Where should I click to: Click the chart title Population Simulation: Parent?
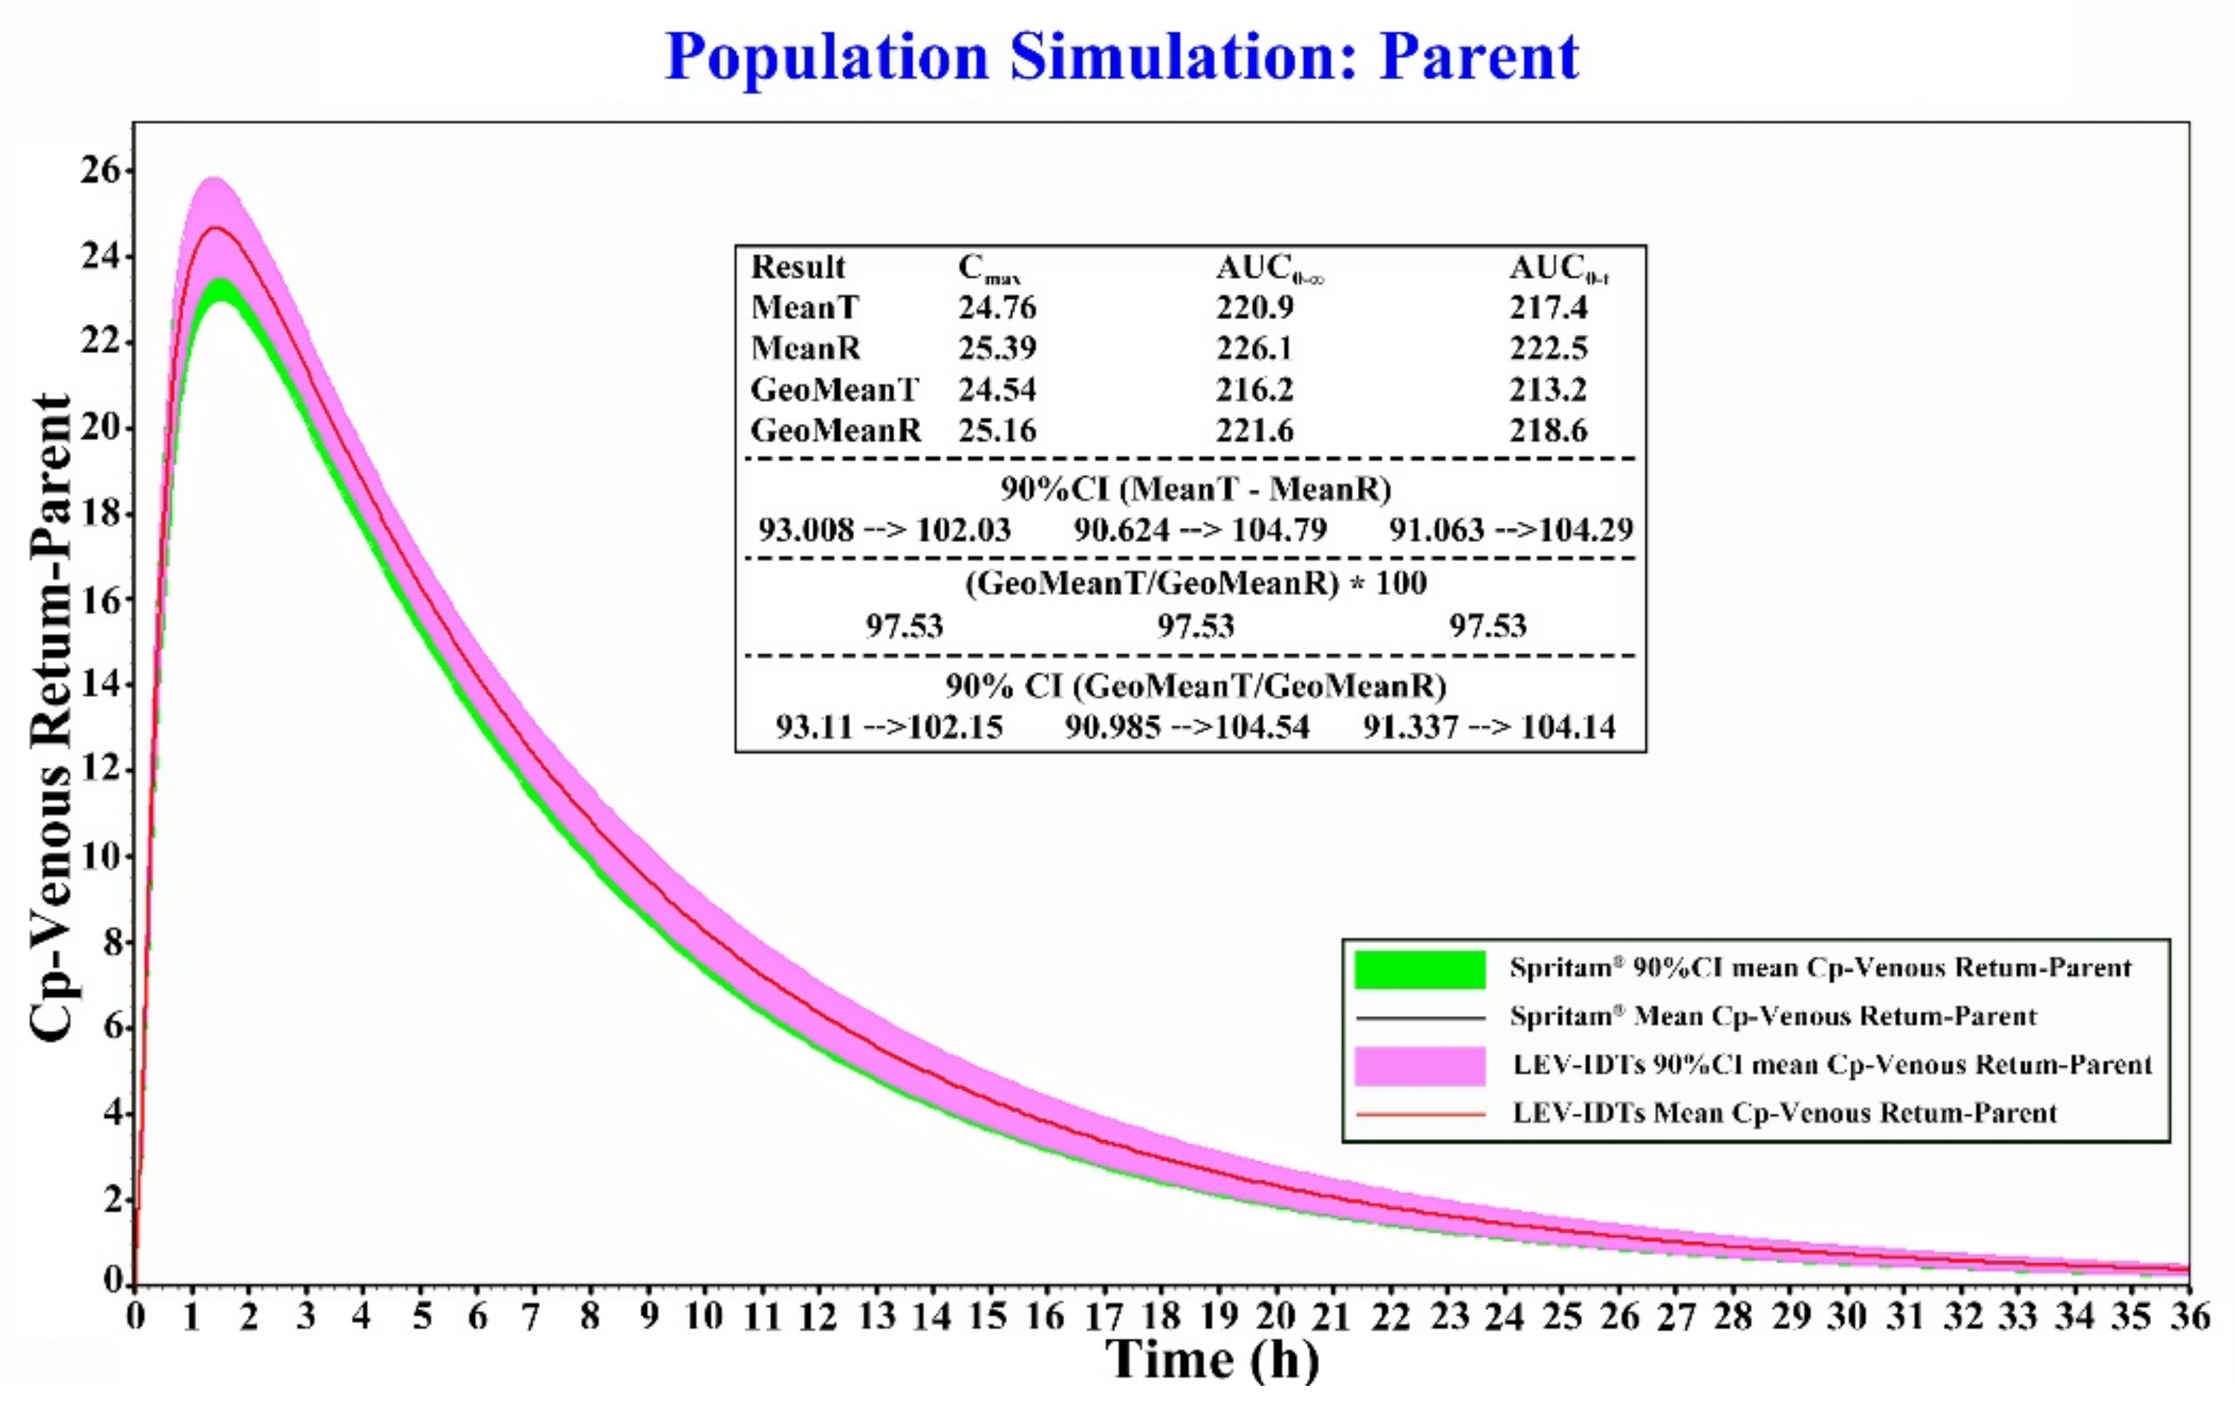pos(1121,58)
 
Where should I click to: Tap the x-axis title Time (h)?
pos(1212,1360)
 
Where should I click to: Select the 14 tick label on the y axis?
pos(101,685)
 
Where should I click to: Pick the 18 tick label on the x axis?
pos(1160,1316)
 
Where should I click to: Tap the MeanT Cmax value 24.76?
pos(997,307)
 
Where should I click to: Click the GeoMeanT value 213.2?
pos(1547,389)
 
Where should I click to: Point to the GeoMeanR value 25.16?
pos(997,430)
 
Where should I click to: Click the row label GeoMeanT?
pos(834,389)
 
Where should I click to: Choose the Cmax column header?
pos(989,268)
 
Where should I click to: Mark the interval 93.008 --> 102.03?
pos(884,530)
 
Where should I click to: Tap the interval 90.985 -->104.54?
pos(1187,727)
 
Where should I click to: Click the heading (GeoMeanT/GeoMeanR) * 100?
pos(1195,584)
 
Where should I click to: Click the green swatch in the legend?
pos(1419,969)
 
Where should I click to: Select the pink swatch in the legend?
pos(1419,1065)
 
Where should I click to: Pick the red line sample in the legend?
pos(1419,1114)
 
